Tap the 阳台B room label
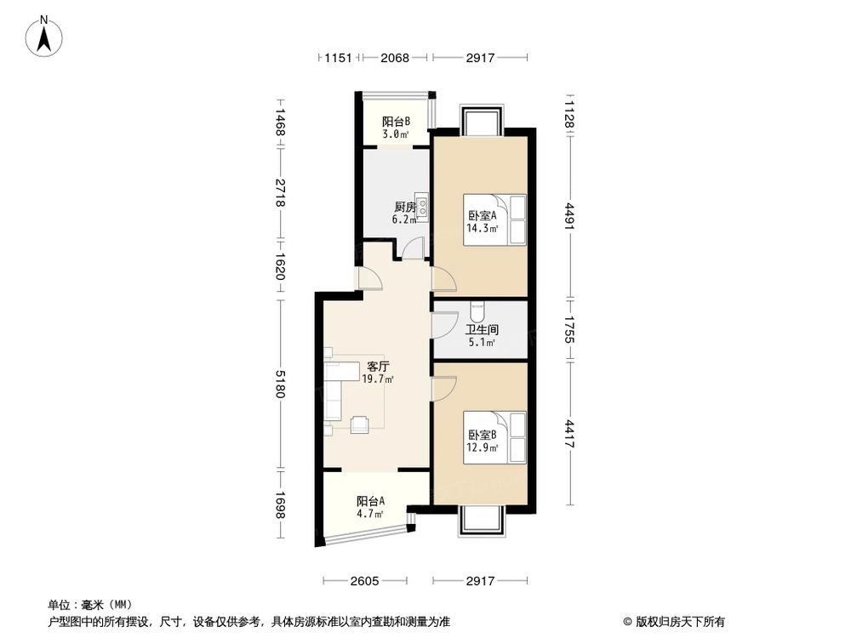(x=396, y=122)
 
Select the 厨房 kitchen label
(x=404, y=207)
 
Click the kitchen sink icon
(x=421, y=209)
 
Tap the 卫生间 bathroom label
(x=481, y=329)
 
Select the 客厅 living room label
(x=378, y=367)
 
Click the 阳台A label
(x=370, y=501)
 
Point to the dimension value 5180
(x=280, y=390)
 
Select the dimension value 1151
(x=339, y=58)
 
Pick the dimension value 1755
(x=572, y=329)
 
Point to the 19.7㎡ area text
(x=378, y=379)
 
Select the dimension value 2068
(x=395, y=58)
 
